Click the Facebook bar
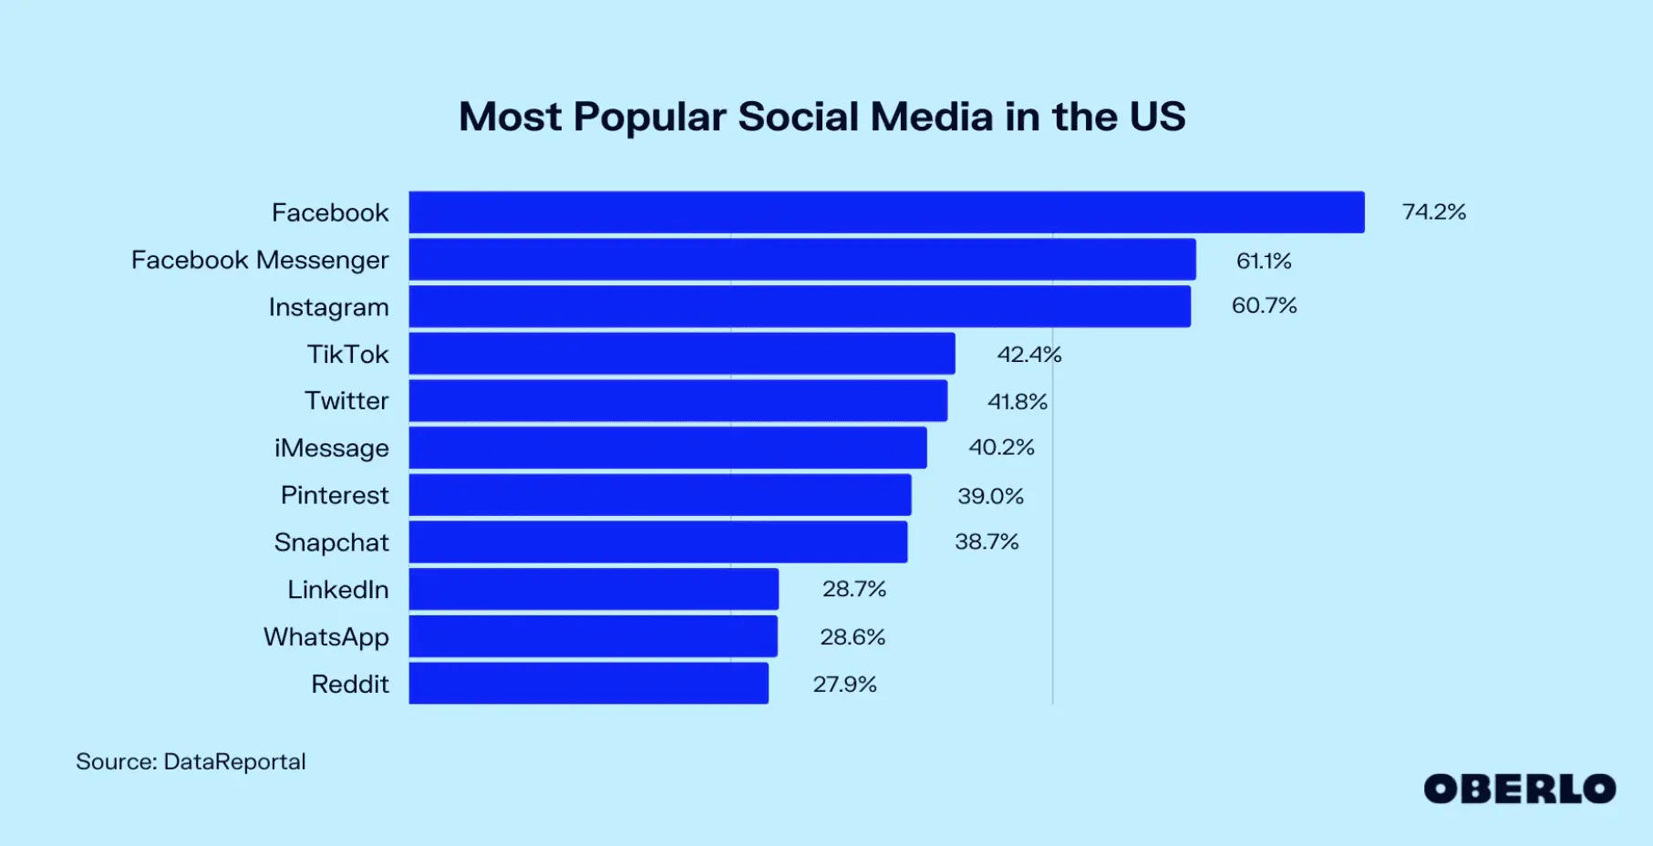886,212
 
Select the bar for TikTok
682,354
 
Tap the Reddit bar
588,684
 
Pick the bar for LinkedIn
594,589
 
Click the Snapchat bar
657,542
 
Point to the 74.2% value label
1433,212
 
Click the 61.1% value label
1264,261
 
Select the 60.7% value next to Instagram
1264,305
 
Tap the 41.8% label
1018,401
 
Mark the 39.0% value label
990,496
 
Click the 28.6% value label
852,636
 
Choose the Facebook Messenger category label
260,261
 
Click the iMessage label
332,449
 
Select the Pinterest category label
335,495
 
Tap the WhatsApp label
326,636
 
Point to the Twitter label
346,401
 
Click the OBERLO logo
1520,789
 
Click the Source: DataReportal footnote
191,761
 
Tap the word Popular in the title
649,118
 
